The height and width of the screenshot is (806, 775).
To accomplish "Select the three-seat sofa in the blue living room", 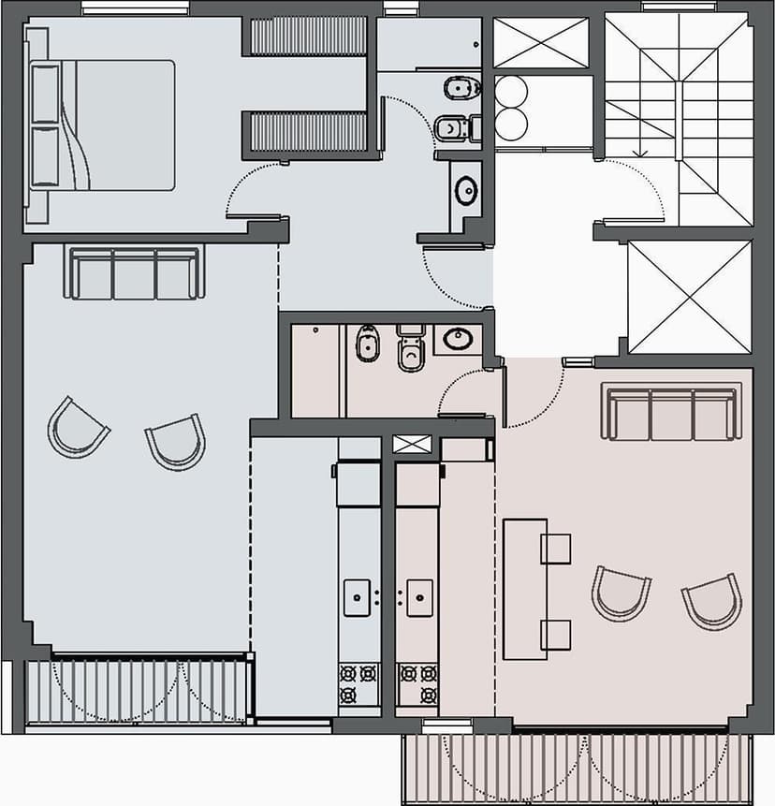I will click(135, 272).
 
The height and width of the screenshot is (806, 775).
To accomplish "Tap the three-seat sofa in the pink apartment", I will click(670, 413).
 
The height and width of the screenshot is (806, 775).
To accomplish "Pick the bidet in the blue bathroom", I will click(460, 89).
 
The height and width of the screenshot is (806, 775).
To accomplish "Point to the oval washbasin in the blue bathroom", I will click(465, 190).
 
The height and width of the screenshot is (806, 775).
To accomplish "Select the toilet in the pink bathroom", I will click(409, 347).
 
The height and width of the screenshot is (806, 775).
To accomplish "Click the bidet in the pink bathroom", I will click(367, 344).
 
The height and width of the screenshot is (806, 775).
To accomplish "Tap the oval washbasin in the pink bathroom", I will click(459, 339).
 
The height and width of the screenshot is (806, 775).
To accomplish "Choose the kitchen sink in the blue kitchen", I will click(358, 597).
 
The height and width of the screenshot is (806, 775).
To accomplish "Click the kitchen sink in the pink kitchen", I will click(419, 597).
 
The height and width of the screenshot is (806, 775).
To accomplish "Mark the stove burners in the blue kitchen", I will click(358, 683).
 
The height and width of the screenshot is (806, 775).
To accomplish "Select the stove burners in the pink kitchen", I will click(417, 683).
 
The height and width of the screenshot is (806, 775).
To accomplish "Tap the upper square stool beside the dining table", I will click(555, 549).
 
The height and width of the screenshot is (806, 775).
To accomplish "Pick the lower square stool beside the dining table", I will click(555, 635).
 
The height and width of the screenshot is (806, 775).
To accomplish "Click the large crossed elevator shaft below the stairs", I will click(690, 297).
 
